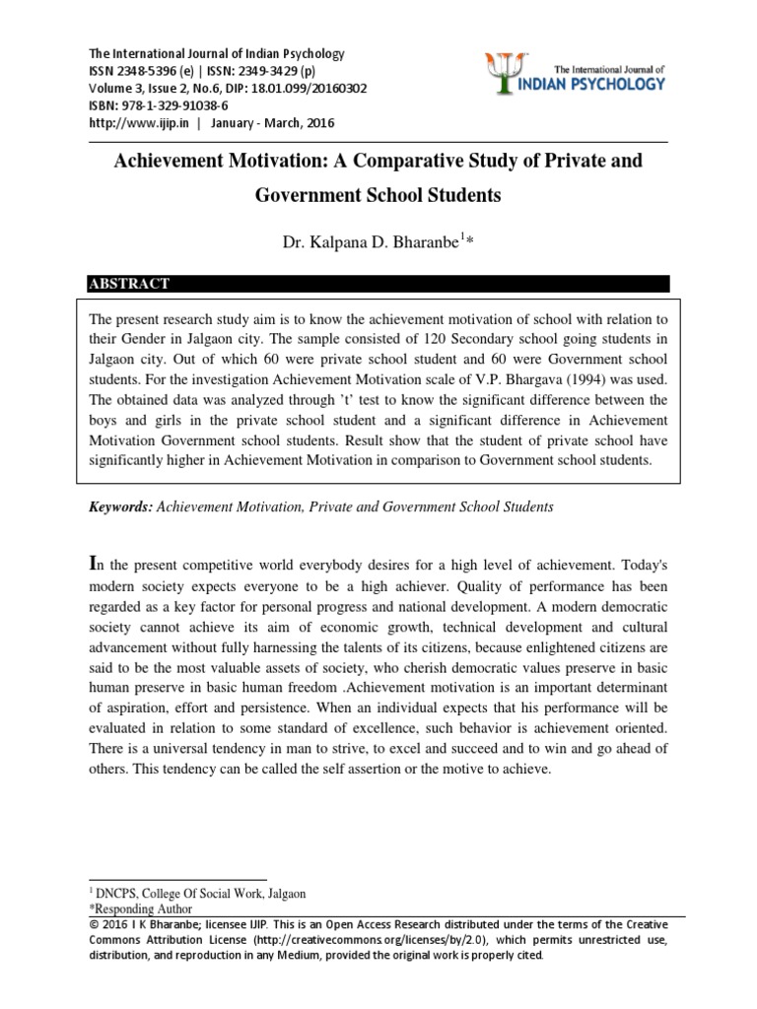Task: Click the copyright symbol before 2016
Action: tap(94, 924)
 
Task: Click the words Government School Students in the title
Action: tap(378, 195)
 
